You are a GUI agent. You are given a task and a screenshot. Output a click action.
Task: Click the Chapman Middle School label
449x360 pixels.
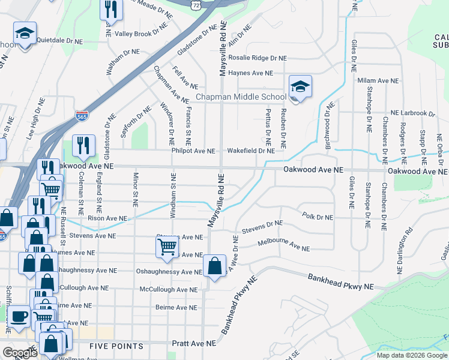(x=241, y=97)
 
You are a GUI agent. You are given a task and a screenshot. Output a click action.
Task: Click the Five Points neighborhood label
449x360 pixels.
(x=116, y=346)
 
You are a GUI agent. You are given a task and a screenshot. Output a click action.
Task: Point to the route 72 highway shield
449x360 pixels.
(x=196, y=4)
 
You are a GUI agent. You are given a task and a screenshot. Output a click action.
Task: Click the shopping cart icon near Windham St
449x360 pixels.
(x=167, y=246)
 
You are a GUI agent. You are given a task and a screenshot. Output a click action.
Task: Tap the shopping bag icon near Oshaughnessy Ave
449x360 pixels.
(x=214, y=266)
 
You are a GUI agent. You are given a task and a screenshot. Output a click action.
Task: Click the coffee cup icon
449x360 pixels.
(x=18, y=316)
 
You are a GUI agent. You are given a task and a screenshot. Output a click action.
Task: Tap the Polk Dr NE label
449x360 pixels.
(x=317, y=217)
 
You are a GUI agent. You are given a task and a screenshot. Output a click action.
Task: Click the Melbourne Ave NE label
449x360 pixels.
(x=283, y=245)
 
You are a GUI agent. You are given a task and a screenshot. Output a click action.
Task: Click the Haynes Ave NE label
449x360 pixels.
(x=251, y=73)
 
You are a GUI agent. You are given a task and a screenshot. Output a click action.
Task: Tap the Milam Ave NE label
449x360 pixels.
(x=378, y=80)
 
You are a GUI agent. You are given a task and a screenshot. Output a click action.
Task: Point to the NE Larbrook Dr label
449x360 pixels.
(x=412, y=113)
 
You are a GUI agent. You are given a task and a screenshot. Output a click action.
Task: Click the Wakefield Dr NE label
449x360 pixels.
(x=250, y=151)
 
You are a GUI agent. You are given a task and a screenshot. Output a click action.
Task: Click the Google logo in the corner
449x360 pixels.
(x=20, y=353)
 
